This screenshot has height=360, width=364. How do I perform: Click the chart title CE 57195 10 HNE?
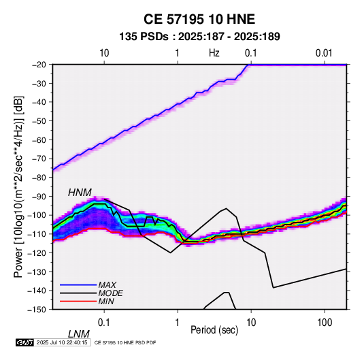[x=199, y=19]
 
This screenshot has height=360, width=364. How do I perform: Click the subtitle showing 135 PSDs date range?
[x=199, y=37]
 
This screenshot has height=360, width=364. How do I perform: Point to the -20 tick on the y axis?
[x=39, y=65]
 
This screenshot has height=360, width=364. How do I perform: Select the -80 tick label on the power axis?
[x=39, y=178]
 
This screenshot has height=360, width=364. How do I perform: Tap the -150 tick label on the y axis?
[x=37, y=310]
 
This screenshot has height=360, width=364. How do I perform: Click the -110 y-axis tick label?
[x=37, y=234]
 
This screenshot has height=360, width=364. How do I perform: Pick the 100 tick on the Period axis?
[x=325, y=323]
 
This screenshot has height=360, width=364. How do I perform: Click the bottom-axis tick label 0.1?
[x=104, y=323]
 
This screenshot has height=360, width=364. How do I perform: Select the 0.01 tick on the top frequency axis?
[x=324, y=53]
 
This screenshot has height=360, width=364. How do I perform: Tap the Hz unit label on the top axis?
[x=214, y=53]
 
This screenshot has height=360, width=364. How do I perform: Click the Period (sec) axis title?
[x=214, y=330]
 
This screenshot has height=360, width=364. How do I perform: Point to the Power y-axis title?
[x=18, y=186]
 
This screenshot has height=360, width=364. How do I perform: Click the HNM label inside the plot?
[x=80, y=193]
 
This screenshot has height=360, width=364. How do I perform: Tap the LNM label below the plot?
[x=78, y=334]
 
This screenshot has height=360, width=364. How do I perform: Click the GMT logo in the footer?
[x=25, y=342]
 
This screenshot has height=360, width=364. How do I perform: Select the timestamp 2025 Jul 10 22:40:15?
[x=62, y=342]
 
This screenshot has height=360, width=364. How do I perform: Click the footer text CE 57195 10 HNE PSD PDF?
[x=125, y=342]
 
